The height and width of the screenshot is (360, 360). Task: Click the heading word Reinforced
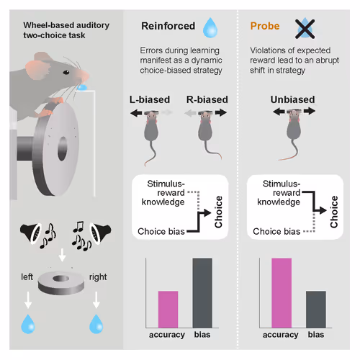[167, 27]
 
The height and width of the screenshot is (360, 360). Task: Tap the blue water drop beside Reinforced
[210, 27]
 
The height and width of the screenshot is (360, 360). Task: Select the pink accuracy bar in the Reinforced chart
[168, 310]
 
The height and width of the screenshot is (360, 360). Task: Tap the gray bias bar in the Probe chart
[315, 310]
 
